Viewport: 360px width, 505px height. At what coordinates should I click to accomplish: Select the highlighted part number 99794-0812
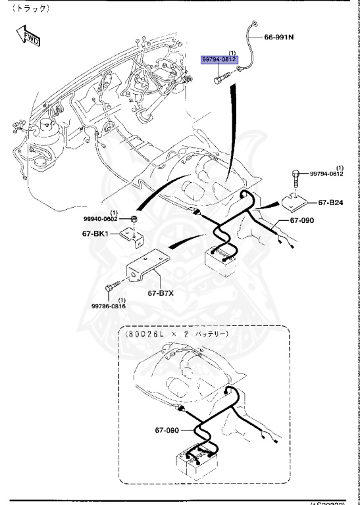pyautogui.click(x=219, y=59)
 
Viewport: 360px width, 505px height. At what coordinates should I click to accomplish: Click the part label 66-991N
pyautogui.click(x=278, y=37)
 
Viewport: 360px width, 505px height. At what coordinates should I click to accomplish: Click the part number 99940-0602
pyautogui.click(x=101, y=218)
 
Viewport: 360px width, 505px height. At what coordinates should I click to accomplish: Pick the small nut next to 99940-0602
pyautogui.click(x=134, y=218)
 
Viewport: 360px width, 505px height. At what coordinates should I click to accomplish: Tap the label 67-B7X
pyautogui.click(x=161, y=293)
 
